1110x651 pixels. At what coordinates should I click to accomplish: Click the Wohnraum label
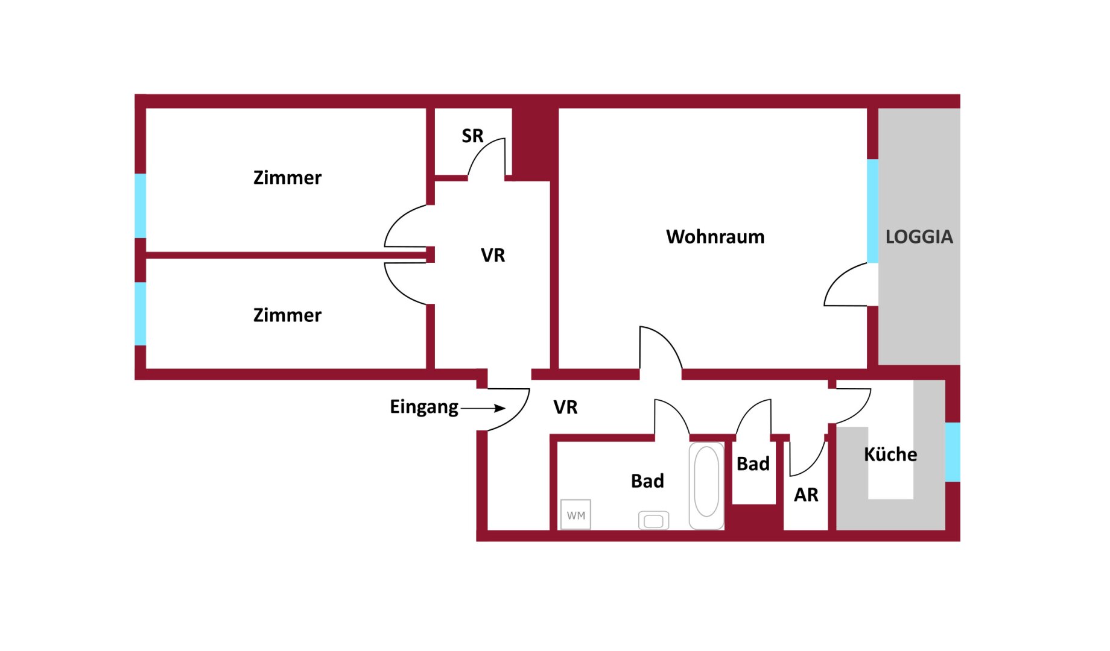click(715, 236)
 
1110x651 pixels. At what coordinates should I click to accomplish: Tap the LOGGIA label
click(919, 236)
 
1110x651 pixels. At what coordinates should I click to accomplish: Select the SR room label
click(472, 136)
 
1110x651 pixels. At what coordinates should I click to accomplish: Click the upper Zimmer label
click(287, 178)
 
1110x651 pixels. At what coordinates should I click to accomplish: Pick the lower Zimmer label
click(287, 315)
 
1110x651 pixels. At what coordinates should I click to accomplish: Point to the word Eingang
click(423, 407)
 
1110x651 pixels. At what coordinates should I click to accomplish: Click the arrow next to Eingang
click(483, 408)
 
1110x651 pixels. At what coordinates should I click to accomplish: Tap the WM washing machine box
click(576, 515)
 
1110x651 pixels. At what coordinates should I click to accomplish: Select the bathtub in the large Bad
click(706, 486)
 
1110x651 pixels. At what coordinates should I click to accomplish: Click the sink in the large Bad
click(653, 520)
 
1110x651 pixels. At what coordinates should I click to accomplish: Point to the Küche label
click(890, 454)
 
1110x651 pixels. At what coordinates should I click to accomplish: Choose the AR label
click(806, 495)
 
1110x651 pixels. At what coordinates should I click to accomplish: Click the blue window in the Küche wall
click(953, 452)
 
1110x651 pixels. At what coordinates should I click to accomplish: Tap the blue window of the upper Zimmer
click(140, 206)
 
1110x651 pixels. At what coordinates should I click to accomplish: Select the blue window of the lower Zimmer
click(140, 313)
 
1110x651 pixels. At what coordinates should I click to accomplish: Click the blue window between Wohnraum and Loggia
click(872, 211)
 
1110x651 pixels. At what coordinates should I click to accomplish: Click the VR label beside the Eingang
click(565, 407)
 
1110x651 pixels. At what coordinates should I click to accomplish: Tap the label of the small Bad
click(753, 464)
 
